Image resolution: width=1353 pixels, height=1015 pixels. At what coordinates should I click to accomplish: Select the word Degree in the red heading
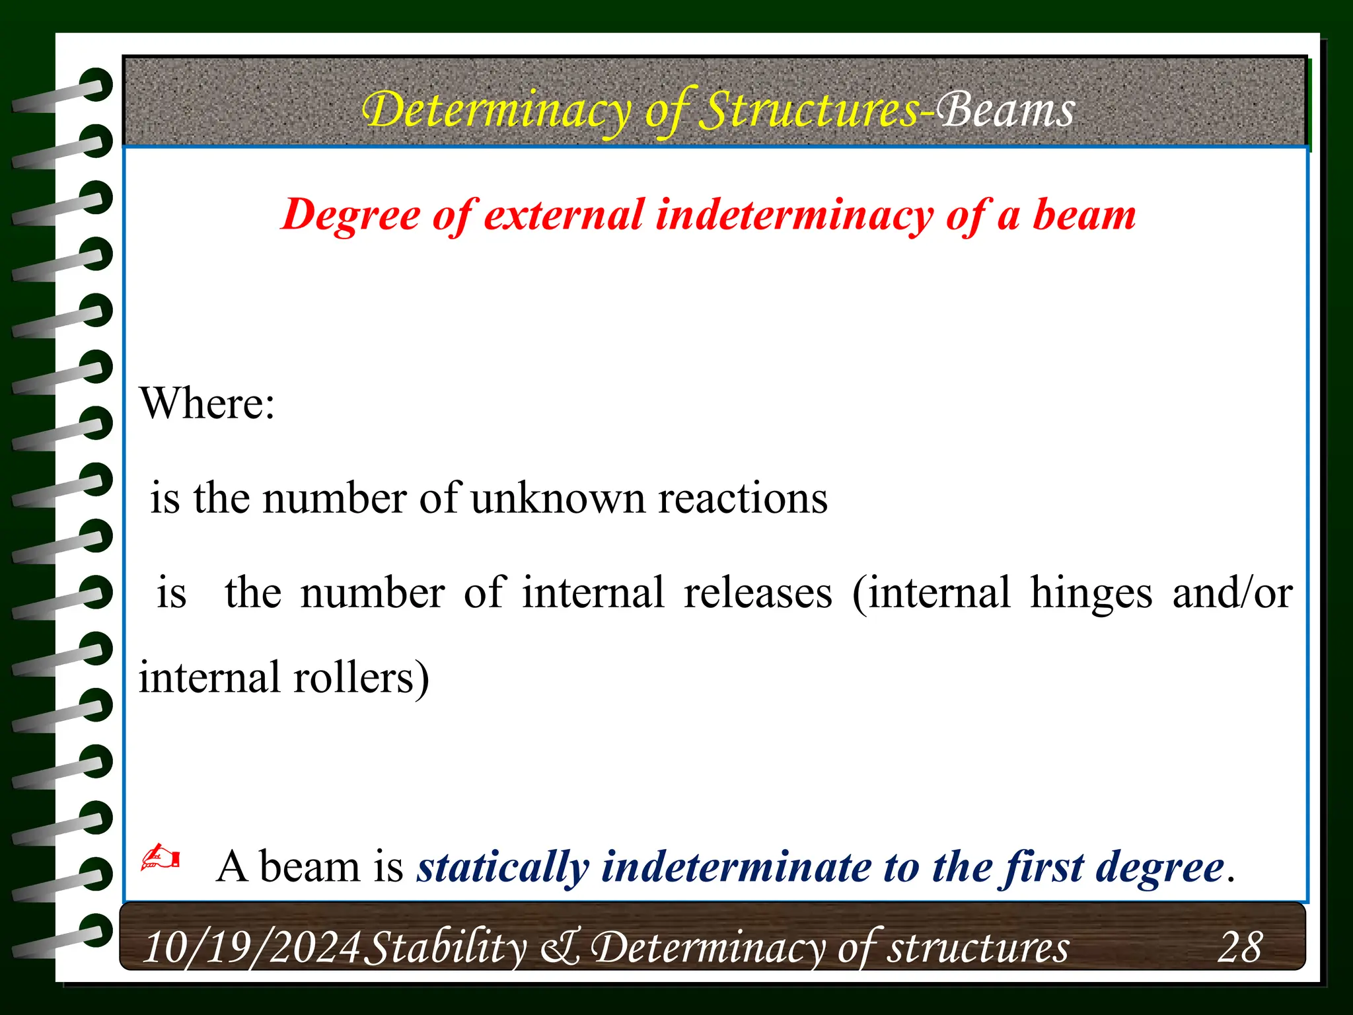[350, 216]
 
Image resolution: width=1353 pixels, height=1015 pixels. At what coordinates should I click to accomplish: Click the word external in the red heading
[564, 216]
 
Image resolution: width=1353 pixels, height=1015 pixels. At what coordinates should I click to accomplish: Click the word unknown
[558, 498]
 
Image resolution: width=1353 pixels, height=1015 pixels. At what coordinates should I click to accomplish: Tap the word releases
[758, 593]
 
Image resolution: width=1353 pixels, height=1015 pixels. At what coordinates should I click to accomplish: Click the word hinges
[1091, 593]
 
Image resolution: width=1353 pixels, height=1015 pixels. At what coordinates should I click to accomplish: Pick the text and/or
[1232, 593]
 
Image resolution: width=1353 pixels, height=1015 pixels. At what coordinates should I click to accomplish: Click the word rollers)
[361, 679]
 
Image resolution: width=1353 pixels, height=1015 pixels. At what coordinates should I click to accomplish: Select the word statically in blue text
[502, 867]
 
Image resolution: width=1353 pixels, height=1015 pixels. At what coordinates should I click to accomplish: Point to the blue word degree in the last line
[1159, 867]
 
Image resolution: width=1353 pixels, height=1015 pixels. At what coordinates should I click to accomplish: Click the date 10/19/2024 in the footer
[252, 948]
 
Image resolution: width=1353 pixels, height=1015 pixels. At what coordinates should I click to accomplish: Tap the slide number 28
[1239, 948]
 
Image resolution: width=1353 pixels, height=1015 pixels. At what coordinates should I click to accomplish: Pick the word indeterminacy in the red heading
[793, 216]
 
